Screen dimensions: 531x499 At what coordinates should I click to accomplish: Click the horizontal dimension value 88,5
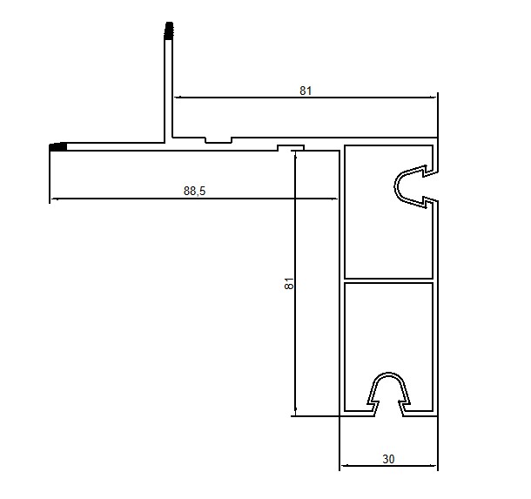pos(194,191)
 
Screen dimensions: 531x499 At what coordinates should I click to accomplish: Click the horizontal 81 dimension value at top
pos(306,91)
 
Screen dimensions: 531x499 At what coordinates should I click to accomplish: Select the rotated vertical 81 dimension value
pos(289,283)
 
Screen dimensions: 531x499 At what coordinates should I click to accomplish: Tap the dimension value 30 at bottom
pos(388,459)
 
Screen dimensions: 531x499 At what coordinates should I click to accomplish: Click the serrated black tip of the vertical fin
pos(169,30)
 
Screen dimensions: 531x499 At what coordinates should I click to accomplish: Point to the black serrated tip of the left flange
pos(58,147)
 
